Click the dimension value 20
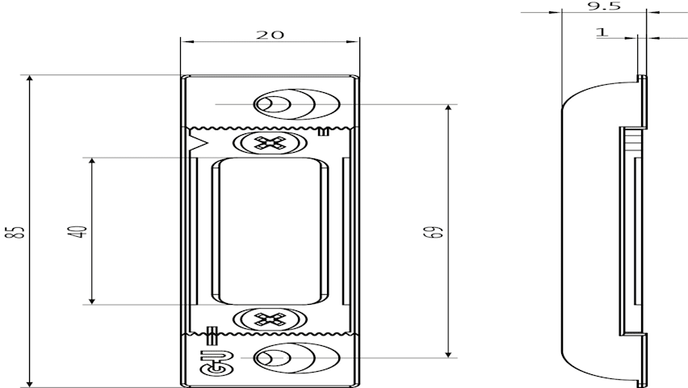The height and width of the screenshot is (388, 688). click(270, 35)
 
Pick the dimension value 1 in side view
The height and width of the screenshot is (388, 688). click(602, 32)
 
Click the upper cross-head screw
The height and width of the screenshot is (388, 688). click(269, 143)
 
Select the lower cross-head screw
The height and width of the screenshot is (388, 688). click(269, 319)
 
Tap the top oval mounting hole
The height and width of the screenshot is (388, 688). click(297, 104)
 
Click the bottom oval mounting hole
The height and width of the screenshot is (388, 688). click(297, 358)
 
